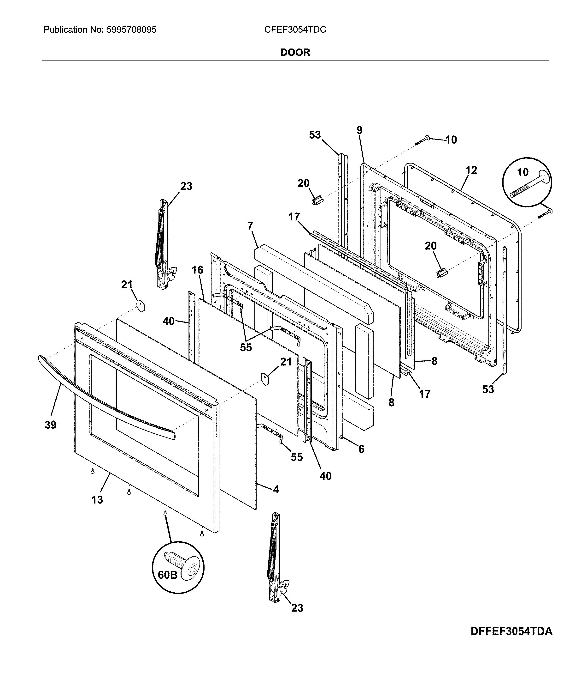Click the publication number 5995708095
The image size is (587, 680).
pyautogui.click(x=131, y=30)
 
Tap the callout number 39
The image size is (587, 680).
pyautogui.click(x=50, y=425)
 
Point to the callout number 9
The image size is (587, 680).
pyautogui.click(x=359, y=130)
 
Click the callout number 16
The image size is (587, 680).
pyautogui.click(x=197, y=270)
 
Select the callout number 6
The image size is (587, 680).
pyautogui.click(x=361, y=449)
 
